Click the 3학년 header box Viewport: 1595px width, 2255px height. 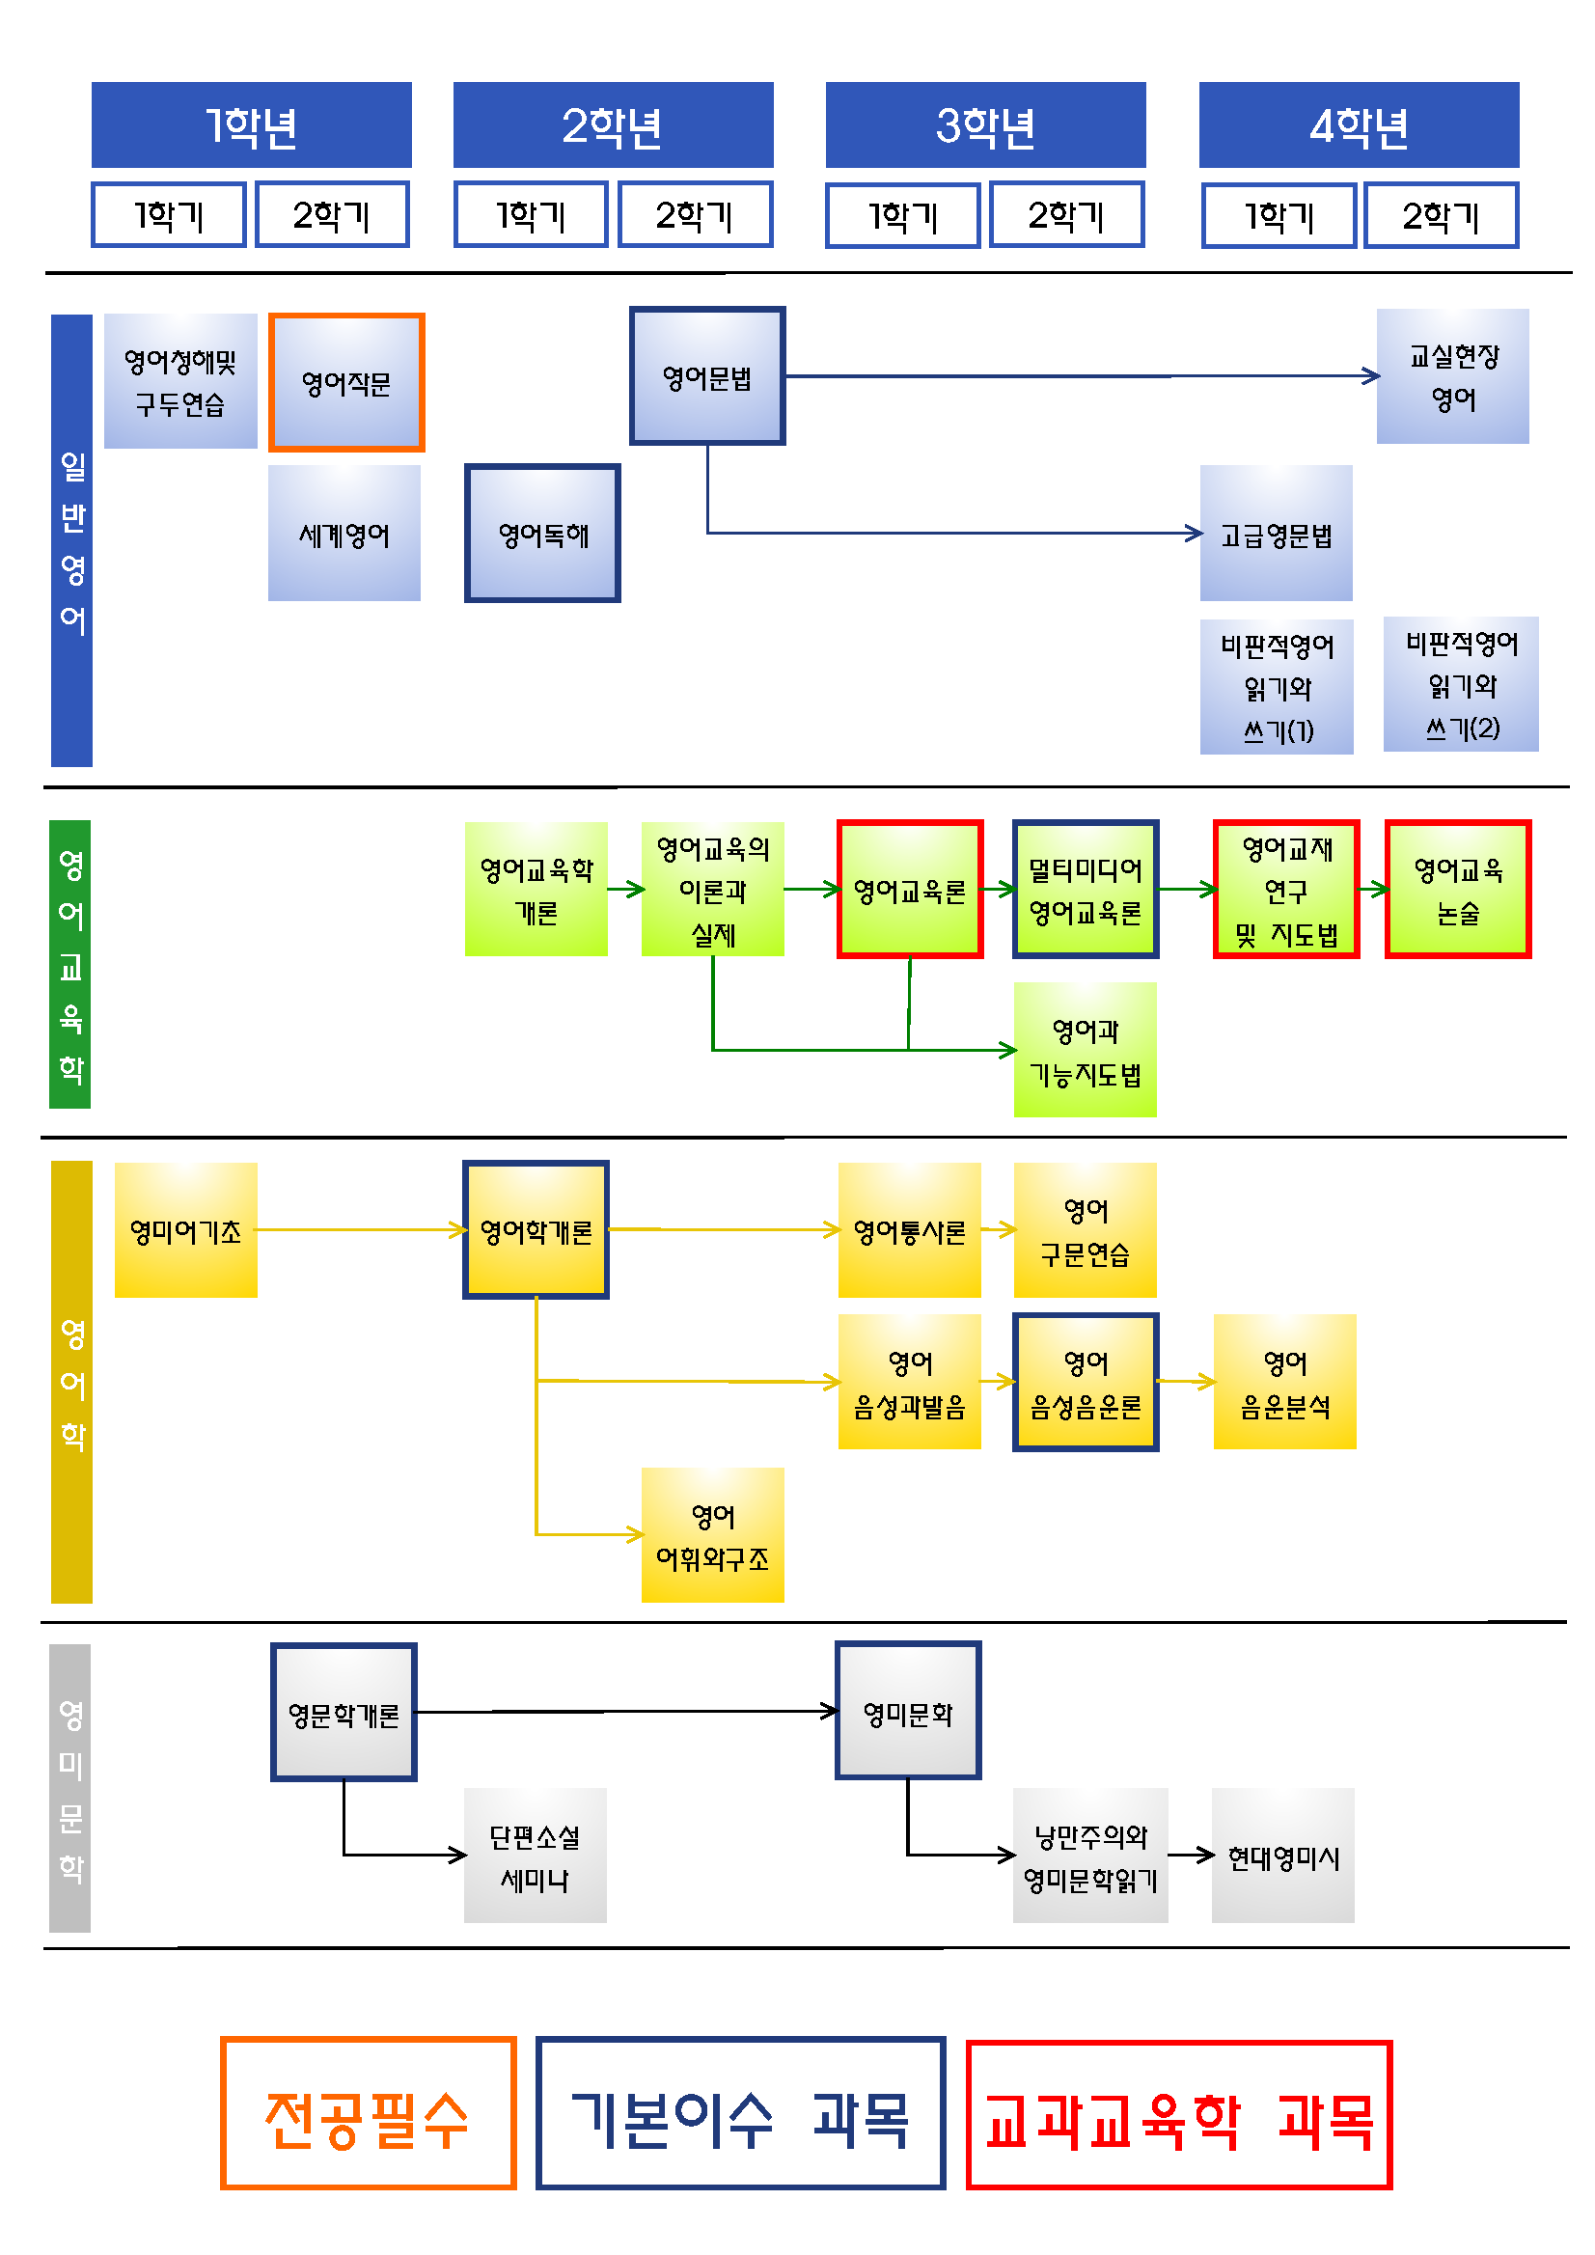click(985, 124)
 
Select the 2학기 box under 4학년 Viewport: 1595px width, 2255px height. click(1441, 215)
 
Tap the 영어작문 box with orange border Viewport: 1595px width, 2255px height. click(345, 383)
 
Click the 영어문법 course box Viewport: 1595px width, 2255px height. click(707, 376)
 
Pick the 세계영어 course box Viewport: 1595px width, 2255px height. click(344, 534)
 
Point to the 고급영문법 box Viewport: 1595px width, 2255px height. click(1276, 534)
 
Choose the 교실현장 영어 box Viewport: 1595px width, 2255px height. click(1452, 376)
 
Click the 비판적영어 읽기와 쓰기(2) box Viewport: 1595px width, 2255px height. click(1461, 684)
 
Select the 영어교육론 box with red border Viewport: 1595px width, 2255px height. click(910, 889)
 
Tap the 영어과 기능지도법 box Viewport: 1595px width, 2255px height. click(1085, 1050)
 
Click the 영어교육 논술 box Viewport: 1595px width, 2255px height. click(1457, 889)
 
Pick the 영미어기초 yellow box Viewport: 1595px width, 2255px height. click(185, 1229)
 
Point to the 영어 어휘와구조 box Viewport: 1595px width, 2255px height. click(712, 1535)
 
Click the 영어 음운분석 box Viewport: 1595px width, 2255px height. click(1284, 1382)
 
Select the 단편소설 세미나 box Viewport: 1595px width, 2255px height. click(536, 1856)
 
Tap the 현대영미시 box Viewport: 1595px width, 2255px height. click(1282, 1856)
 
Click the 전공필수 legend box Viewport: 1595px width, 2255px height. click(369, 2113)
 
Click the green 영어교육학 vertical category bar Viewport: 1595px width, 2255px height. click(69, 965)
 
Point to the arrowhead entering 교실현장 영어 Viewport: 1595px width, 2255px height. click(1372, 375)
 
